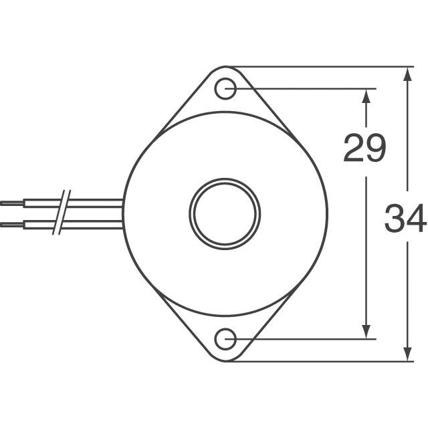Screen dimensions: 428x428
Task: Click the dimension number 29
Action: coord(364,148)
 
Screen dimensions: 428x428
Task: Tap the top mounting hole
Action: coord(227,89)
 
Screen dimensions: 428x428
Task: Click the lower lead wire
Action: coord(94,223)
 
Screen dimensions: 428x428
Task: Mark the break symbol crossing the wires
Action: coord(62,212)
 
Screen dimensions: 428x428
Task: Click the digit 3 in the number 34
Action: coord(395,219)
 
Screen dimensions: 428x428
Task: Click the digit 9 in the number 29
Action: coord(375,148)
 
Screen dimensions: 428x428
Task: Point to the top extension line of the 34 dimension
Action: coord(321,67)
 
